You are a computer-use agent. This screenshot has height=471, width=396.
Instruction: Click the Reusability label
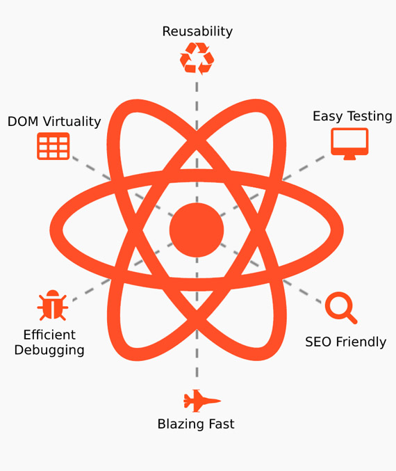197,31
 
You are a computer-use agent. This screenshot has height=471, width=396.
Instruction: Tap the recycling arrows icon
197,58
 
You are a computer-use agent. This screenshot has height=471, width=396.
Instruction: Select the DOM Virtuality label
54,122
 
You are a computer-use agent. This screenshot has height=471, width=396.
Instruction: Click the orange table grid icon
53,146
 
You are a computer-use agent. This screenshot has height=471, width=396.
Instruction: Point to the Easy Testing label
352,117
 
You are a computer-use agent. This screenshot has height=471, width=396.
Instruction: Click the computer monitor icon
349,143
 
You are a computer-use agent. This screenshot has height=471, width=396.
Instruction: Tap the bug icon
53,305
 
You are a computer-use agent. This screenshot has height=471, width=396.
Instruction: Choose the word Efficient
49,335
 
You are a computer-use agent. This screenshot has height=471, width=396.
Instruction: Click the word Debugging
49,350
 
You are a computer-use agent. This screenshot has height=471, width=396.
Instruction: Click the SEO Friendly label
345,342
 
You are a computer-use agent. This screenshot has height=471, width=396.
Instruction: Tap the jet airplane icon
202,401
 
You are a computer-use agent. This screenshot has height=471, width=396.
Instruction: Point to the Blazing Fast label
196,424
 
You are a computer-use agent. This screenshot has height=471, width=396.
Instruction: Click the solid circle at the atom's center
197,230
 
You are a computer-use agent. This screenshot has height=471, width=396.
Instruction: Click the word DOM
23,122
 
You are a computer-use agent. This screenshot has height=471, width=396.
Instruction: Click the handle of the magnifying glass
352,319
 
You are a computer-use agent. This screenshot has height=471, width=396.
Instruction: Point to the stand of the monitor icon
349,157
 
